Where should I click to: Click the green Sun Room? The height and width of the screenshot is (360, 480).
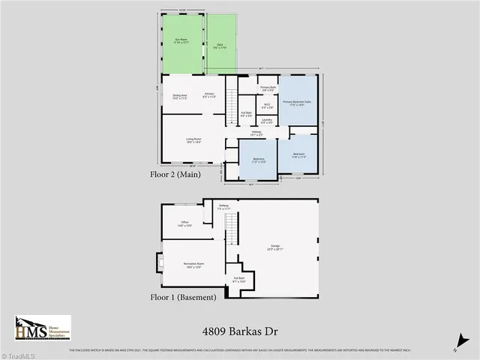[182, 43]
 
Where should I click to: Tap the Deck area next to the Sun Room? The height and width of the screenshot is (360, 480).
[221, 46]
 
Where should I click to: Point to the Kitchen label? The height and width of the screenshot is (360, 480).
[210, 95]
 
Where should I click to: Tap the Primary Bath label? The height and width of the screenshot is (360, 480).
[268, 89]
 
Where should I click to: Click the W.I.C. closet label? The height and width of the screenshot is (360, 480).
[267, 106]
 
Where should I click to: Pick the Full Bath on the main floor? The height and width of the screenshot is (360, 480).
[246, 115]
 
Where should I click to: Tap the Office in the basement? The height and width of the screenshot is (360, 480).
[184, 223]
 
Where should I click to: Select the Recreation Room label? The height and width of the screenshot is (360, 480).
[193, 264]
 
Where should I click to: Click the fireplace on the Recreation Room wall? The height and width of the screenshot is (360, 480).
[159, 262]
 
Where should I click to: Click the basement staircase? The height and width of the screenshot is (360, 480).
[232, 226]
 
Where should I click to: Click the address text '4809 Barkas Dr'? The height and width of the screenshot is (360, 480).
[238, 330]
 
